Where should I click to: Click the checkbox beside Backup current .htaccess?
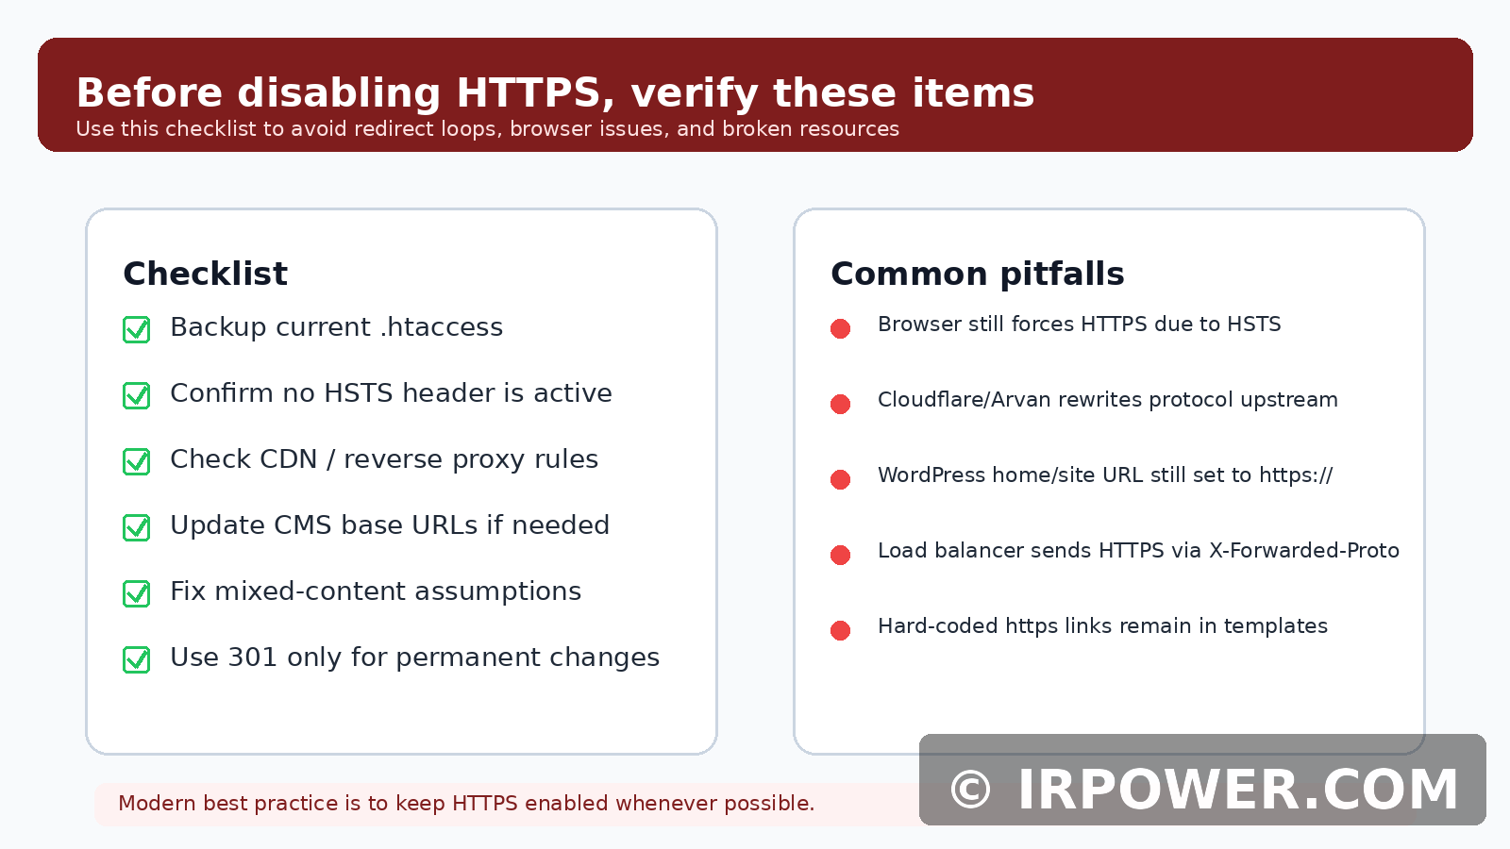click(136, 329)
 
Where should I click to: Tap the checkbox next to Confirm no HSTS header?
click(136, 395)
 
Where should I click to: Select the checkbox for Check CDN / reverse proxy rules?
click(136, 461)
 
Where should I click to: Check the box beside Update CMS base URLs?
click(136, 527)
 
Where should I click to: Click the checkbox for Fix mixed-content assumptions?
click(136, 593)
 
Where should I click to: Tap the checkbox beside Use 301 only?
click(136, 659)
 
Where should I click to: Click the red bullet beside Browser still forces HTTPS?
click(840, 329)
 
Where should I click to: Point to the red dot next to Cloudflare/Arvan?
click(840, 405)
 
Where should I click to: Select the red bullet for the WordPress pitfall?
click(840, 480)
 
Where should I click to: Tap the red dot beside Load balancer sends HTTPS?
click(840, 556)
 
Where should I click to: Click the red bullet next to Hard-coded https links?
click(840, 631)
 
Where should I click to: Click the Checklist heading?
click(206, 274)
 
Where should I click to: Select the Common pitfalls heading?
click(978, 275)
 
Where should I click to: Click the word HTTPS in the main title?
click(528, 92)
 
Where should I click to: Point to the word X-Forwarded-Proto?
click(1304, 551)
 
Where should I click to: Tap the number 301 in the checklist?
click(253, 657)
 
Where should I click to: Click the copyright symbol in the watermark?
click(971, 790)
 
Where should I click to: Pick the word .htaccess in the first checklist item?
click(442, 326)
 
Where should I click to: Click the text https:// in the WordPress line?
click(1297, 475)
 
